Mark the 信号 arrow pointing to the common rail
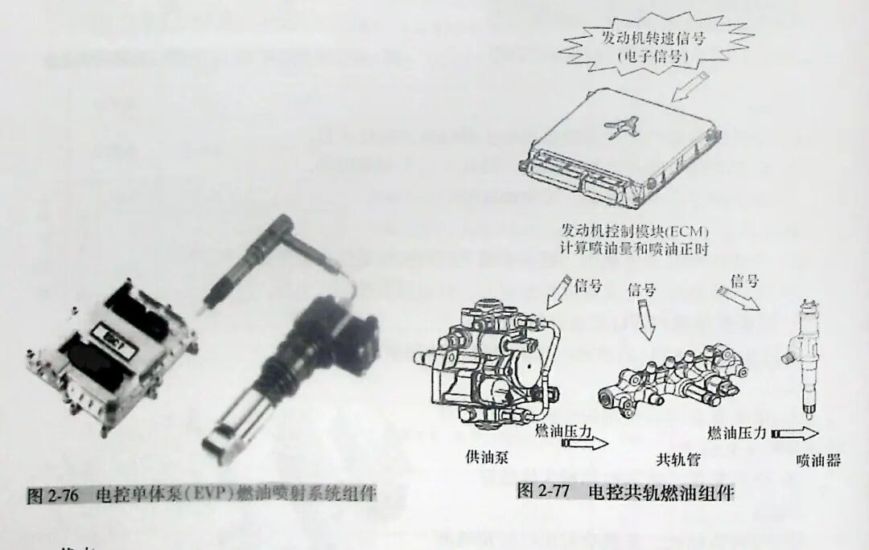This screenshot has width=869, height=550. click(x=645, y=320)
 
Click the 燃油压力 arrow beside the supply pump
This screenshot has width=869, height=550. click(x=585, y=443)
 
